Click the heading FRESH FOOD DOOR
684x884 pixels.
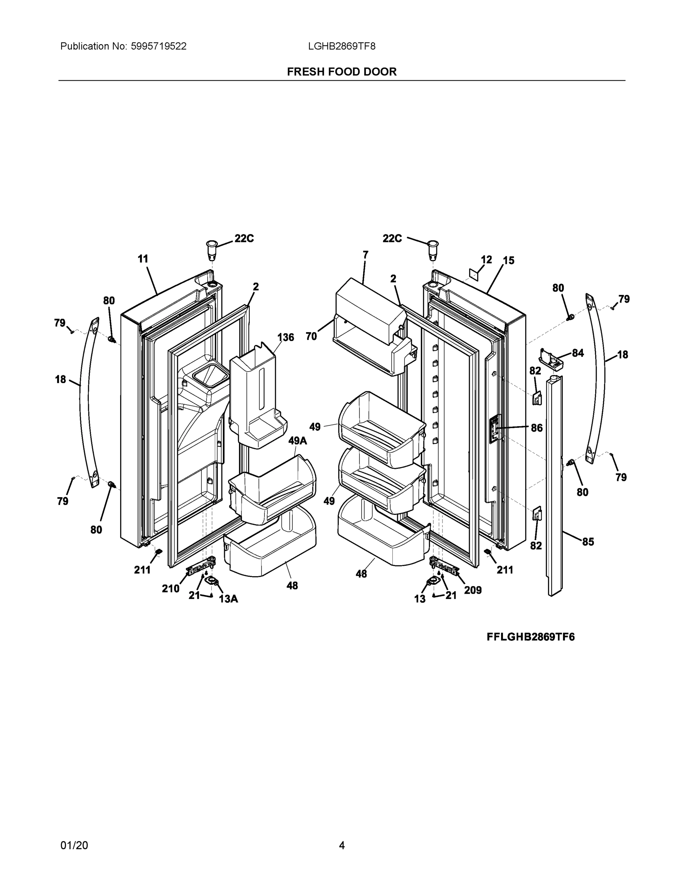tap(341, 72)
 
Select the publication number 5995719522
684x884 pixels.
tap(159, 46)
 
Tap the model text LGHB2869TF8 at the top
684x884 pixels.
tap(341, 46)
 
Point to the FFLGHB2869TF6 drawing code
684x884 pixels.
tap(531, 637)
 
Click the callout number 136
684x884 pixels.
tap(285, 337)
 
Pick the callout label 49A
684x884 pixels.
tap(298, 441)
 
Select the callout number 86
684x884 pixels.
tap(537, 428)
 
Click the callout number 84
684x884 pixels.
tap(578, 353)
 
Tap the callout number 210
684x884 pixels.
tap(171, 589)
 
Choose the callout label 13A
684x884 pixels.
tap(229, 599)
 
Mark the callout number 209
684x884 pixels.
tap(473, 590)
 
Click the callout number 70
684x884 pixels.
tap(311, 336)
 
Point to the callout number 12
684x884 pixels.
tap(486, 259)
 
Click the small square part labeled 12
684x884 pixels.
tap(474, 274)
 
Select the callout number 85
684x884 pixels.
tap(588, 541)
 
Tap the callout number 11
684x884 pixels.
tap(143, 259)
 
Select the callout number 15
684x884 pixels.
tap(508, 261)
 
